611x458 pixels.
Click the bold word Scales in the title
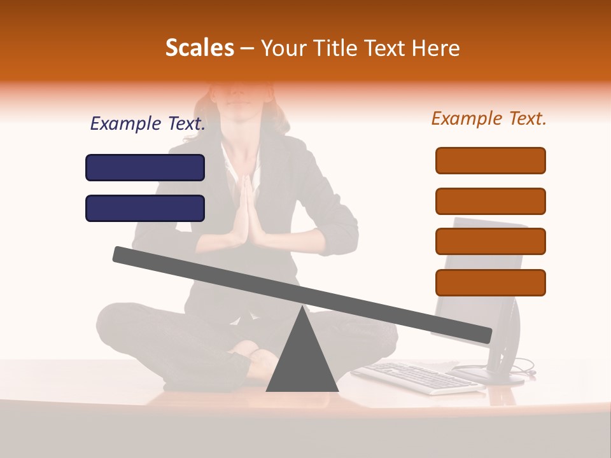[199, 48]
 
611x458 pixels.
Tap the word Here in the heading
[436, 48]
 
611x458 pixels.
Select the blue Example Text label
[148, 124]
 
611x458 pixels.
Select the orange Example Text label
[489, 118]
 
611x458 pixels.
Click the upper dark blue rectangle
[145, 167]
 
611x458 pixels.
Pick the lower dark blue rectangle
[145, 208]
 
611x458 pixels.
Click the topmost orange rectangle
[490, 160]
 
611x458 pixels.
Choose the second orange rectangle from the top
[490, 201]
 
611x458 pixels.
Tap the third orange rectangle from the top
[490, 241]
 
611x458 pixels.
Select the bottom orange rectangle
[490, 282]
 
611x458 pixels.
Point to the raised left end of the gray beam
[121, 254]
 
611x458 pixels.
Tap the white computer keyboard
[417, 377]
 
